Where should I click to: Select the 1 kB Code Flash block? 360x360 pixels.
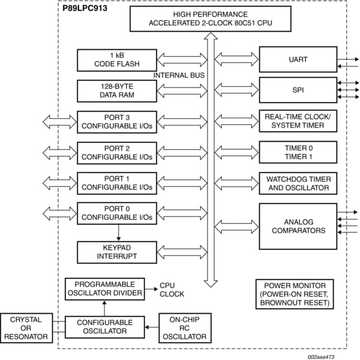116,60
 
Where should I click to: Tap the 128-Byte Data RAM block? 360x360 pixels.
116,91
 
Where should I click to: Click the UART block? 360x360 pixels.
298,59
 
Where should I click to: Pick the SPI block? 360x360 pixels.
298,90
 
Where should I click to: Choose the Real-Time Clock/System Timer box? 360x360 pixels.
298,121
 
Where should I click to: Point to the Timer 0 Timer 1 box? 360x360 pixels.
298,152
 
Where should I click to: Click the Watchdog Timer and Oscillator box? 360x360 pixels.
298,183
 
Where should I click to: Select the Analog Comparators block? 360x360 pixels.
298,226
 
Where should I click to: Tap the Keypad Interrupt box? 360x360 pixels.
116,252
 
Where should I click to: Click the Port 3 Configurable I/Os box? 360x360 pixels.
116,121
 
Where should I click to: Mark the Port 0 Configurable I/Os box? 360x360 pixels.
116,214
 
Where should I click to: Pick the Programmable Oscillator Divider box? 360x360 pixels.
104,289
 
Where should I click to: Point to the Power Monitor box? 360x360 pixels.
294,294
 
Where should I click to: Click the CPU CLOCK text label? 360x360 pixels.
172,290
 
